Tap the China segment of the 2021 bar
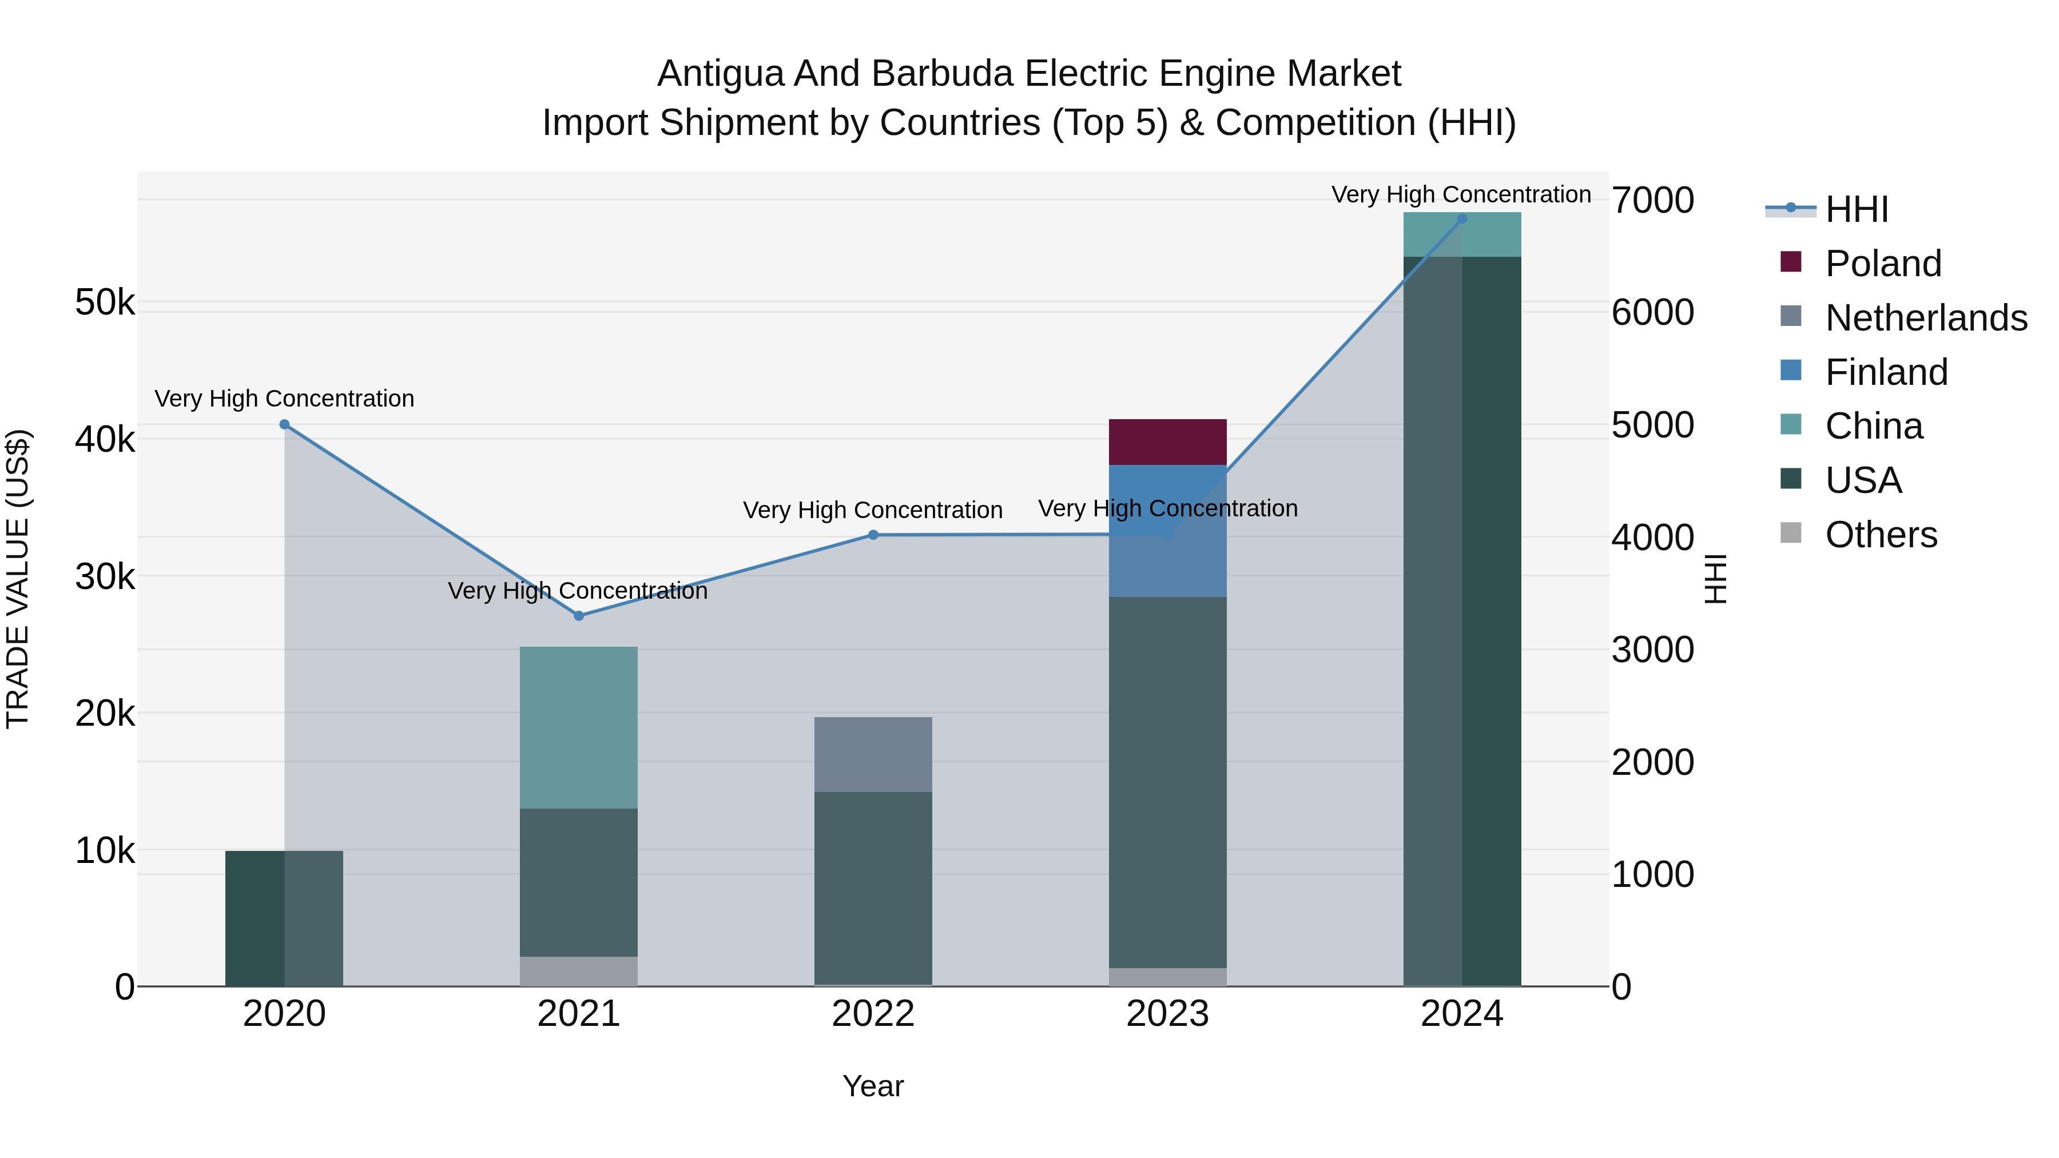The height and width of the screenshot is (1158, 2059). click(579, 727)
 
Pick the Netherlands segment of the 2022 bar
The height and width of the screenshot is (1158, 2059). click(873, 754)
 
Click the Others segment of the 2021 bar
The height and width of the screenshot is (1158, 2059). click(579, 971)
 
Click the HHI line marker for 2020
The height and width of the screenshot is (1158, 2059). click(285, 424)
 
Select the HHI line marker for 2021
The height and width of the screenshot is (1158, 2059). click(579, 615)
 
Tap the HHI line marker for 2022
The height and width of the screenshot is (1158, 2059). click(873, 535)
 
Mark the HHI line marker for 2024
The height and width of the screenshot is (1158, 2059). click(1462, 218)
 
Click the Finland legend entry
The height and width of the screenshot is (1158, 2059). click(1886, 372)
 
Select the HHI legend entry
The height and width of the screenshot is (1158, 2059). click(1856, 209)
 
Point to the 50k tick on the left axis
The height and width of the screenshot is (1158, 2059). click(105, 303)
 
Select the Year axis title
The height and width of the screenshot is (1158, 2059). click(873, 1086)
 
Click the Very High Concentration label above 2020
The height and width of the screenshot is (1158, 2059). click(285, 398)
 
